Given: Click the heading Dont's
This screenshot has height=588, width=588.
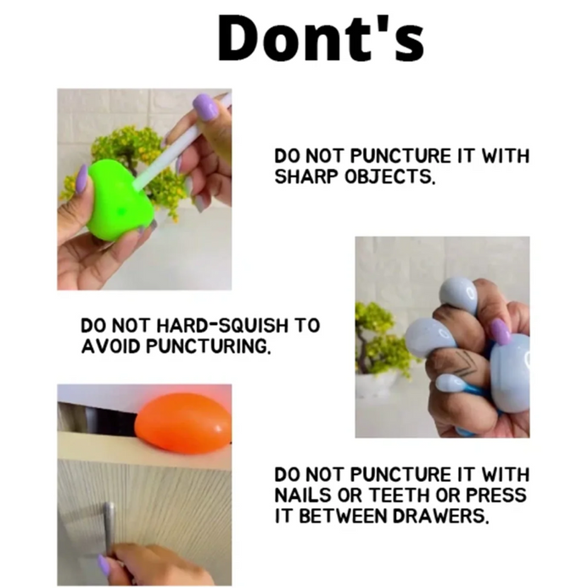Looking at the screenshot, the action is coord(322,38).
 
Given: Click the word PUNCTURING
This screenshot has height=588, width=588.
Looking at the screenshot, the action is coord(207,346).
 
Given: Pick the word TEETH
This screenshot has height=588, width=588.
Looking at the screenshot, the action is coord(399,495).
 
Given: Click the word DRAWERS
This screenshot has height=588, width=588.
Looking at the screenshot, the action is coord(441,516).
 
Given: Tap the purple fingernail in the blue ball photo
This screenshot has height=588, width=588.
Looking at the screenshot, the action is coord(501,332).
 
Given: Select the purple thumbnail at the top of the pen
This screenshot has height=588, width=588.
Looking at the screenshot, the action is coord(205,107).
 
